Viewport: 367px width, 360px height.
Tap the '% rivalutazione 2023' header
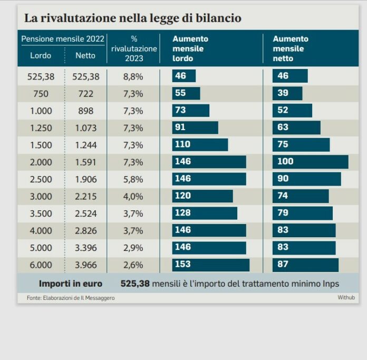(134, 48)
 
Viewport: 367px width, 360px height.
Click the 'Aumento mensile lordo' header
(190, 48)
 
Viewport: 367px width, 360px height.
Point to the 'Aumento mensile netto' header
(290, 48)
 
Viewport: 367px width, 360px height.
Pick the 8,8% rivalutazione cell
(133, 76)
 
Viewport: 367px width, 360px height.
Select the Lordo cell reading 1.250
(40, 128)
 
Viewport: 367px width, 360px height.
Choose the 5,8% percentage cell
(133, 179)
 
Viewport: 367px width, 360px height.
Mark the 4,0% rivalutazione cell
(133, 197)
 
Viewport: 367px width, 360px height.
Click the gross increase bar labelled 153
(210, 265)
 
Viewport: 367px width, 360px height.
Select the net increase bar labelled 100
(310, 162)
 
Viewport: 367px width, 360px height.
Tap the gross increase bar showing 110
(200, 145)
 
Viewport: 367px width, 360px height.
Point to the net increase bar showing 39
(287, 94)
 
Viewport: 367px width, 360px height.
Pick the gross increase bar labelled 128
(205, 213)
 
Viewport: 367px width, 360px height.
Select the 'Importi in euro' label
(71, 284)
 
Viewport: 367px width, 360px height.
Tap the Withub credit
(346, 298)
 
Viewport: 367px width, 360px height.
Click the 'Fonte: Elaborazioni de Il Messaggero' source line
(71, 298)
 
